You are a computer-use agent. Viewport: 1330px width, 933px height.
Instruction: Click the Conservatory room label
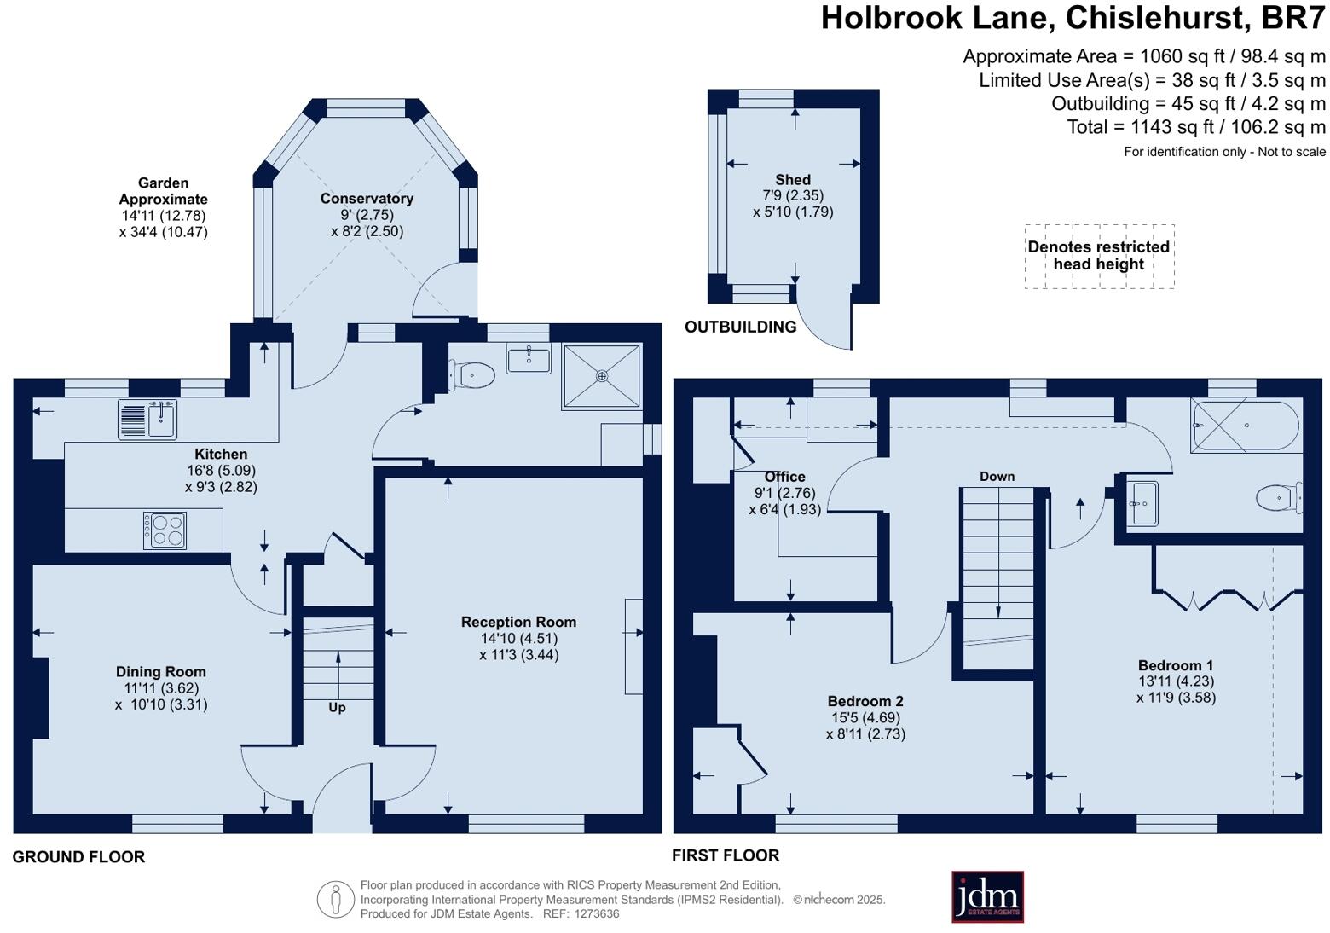[367, 199]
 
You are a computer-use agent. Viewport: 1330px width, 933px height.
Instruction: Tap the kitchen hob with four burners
[165, 530]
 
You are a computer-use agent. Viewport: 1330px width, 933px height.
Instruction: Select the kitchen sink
[147, 420]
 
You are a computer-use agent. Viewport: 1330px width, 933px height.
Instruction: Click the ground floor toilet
[472, 376]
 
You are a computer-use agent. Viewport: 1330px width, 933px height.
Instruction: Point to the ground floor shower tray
[601, 376]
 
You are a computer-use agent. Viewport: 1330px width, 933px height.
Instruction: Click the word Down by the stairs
[997, 476]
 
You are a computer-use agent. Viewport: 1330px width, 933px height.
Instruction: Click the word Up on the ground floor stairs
[337, 707]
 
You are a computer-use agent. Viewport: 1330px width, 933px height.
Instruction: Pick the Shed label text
[793, 179]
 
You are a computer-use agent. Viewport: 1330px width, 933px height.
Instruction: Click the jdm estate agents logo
[987, 896]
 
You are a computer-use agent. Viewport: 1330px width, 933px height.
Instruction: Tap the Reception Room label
[518, 622]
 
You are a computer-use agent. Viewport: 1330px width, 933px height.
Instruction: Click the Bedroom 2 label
[865, 701]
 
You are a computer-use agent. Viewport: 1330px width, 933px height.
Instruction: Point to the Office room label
[784, 476]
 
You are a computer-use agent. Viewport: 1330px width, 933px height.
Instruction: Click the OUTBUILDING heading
[740, 327]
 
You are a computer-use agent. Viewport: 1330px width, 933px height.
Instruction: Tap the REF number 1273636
[596, 913]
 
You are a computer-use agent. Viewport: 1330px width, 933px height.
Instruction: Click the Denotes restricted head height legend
[1098, 255]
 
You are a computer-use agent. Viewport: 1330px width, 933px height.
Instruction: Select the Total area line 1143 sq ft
[1196, 127]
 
